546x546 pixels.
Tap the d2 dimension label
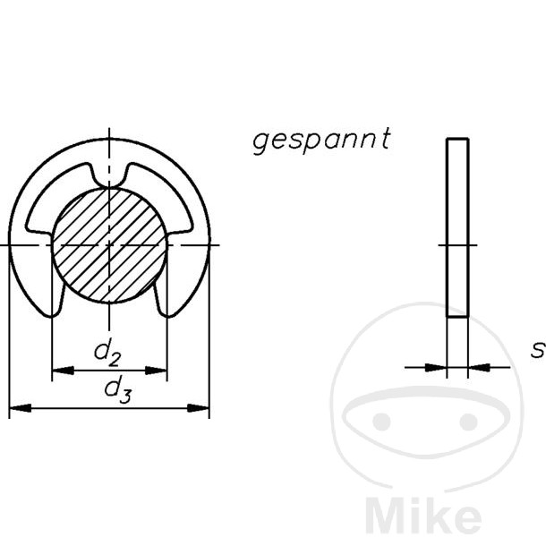pos(108,354)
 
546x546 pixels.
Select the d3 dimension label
pos(117,389)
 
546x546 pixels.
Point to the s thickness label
pos(537,350)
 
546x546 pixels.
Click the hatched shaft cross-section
pos(109,244)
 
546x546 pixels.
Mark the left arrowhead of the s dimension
pos(436,366)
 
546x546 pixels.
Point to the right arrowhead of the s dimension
pos(478,366)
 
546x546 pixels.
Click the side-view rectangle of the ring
pos(457,227)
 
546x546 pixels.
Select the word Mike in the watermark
pos(424,518)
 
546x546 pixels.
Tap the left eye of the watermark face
pos(382,421)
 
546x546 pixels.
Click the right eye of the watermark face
pos(469,421)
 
